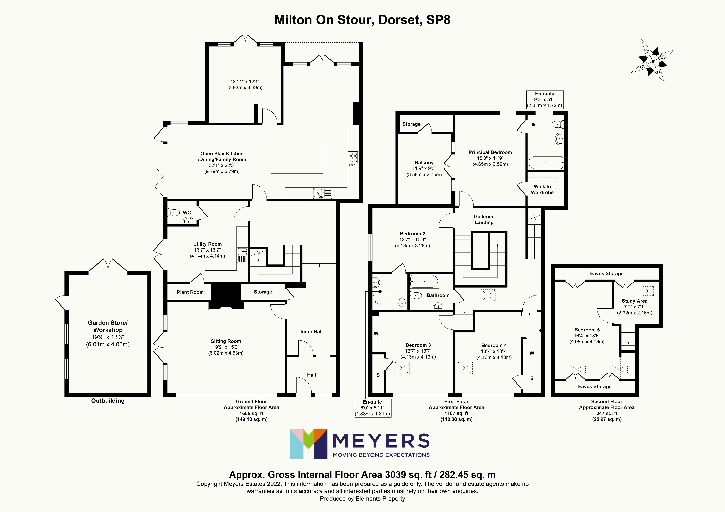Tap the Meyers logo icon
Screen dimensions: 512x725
coord(308,444)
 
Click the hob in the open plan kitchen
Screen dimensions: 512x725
coord(353,158)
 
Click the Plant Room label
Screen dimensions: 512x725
coord(190,292)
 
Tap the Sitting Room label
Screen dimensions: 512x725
coord(226,341)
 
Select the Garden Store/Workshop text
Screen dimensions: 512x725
coord(108,326)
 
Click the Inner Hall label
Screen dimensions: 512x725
coord(311,331)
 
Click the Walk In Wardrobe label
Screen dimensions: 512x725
coord(542,189)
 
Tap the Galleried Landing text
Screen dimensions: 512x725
coord(484,219)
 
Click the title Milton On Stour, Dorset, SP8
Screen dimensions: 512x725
coord(362,20)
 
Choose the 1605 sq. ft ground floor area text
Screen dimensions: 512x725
coord(251,413)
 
